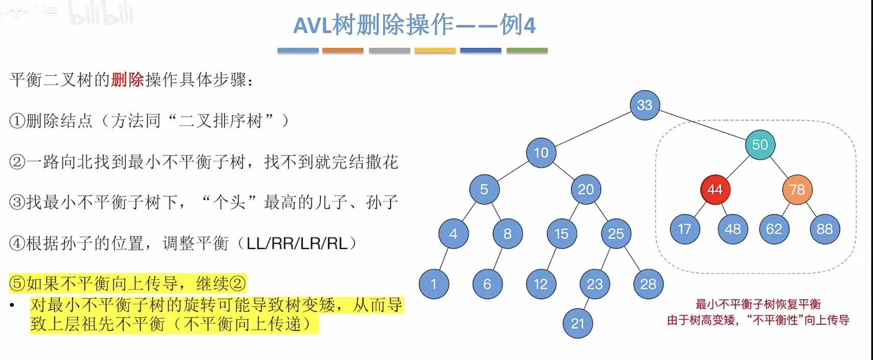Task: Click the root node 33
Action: tap(645, 105)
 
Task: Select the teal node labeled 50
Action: tap(760, 145)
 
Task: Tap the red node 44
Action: tap(715, 189)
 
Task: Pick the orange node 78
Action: tap(797, 189)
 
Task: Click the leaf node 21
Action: tap(578, 323)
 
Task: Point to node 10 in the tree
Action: tap(541, 152)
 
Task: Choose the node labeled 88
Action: tap(824, 229)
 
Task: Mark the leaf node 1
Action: tap(433, 284)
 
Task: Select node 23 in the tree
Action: tap(594, 284)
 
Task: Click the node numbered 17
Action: tap(685, 229)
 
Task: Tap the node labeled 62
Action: tap(774, 229)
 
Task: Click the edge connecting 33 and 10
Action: tap(593, 129)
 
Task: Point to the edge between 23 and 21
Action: tap(586, 304)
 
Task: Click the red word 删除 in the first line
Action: tap(127, 80)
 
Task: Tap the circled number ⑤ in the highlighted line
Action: tap(17, 283)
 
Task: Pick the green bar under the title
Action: tap(527, 51)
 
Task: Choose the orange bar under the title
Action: tap(343, 51)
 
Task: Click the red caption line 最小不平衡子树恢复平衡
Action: tap(758, 305)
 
